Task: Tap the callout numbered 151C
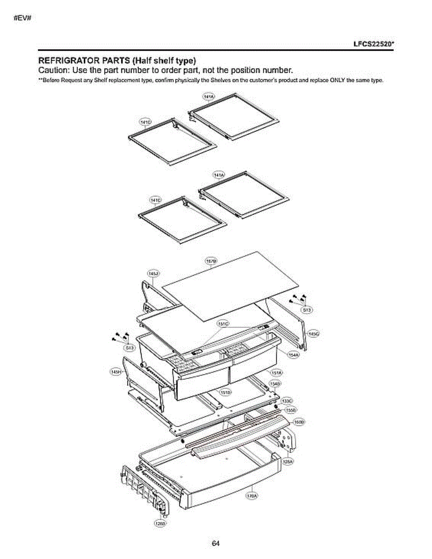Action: pos(223,323)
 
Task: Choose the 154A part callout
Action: pos(293,355)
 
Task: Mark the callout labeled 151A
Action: pos(276,373)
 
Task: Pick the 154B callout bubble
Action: pos(275,383)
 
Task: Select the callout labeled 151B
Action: pos(226,392)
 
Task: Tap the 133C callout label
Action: pos(287,401)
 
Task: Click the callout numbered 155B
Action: pos(290,410)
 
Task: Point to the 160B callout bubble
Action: pos(299,422)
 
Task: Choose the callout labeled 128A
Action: pos(288,461)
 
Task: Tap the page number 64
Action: pos(215,543)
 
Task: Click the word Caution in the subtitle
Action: pos(52,71)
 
